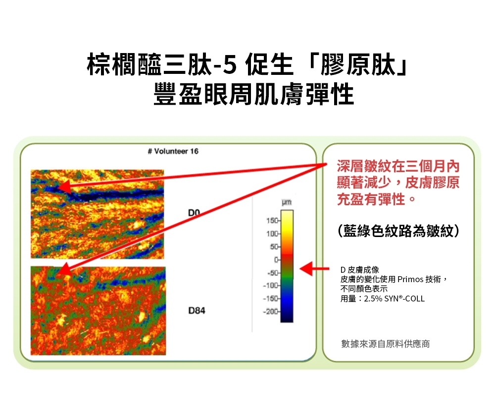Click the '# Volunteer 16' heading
point(173,151)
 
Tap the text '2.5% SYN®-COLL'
point(394,299)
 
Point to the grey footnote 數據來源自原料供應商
point(386,343)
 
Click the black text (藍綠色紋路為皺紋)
point(398,231)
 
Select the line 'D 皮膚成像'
point(360,270)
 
